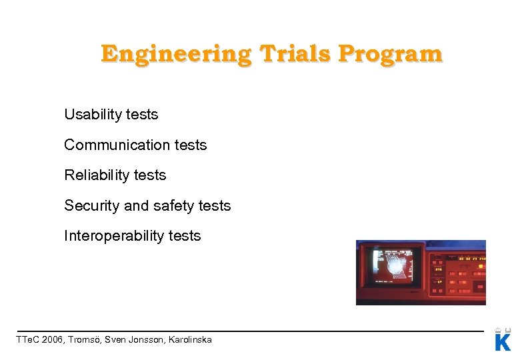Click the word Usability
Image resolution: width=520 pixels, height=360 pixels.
tap(93, 115)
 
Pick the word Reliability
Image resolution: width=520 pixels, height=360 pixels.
tap(96, 175)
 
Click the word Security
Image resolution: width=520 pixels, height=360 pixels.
tap(91, 205)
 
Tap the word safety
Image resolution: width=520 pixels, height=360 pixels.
tap(174, 205)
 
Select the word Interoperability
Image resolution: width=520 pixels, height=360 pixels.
tap(113, 236)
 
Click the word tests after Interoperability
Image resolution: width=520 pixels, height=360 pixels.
tap(184, 236)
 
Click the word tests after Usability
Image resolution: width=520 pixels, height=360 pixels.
tap(142, 115)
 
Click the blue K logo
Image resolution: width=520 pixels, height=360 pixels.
tap(503, 341)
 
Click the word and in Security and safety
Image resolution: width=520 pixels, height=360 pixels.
tap(136, 205)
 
